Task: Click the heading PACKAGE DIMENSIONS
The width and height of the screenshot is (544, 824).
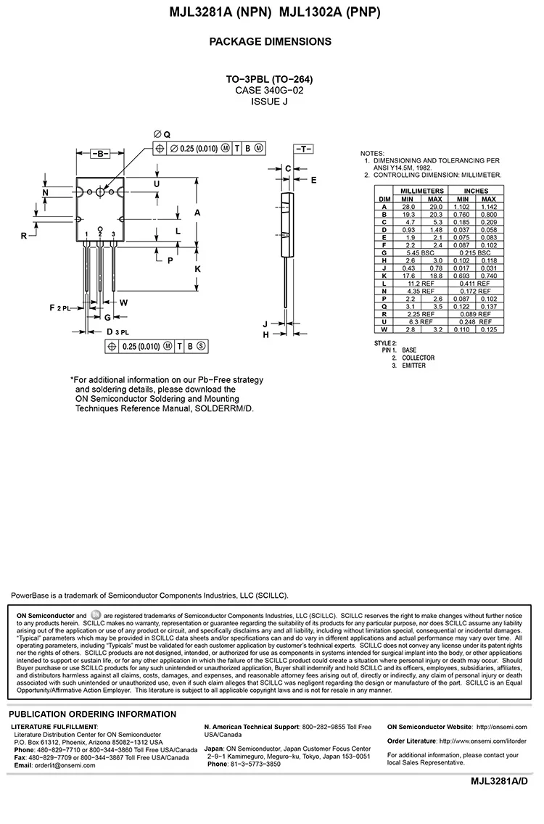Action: pyautogui.click(x=271, y=41)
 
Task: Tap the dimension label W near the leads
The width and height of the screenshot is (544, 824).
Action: pyautogui.click(x=124, y=302)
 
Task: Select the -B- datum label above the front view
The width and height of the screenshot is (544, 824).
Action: pyautogui.click(x=99, y=154)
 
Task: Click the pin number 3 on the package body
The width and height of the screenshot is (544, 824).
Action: pyautogui.click(x=114, y=234)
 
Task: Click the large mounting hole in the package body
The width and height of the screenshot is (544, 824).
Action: pyautogui.click(x=100, y=192)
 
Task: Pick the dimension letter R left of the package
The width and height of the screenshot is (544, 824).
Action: pyautogui.click(x=24, y=236)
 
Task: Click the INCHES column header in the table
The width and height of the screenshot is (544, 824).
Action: pyautogui.click(x=476, y=191)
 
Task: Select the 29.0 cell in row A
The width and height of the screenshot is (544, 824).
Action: pyautogui.click(x=434, y=207)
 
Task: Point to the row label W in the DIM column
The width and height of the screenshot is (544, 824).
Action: pyautogui.click(x=384, y=329)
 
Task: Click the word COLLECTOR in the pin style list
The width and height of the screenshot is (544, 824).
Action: pyautogui.click(x=419, y=358)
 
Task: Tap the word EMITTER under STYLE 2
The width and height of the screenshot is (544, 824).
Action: pyautogui.click(x=414, y=366)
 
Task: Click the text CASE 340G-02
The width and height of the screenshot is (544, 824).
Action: pyautogui.click(x=270, y=91)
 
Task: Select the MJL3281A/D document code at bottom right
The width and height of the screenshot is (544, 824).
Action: pyautogui.click(x=500, y=780)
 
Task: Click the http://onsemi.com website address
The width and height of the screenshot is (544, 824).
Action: pyautogui.click(x=500, y=726)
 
